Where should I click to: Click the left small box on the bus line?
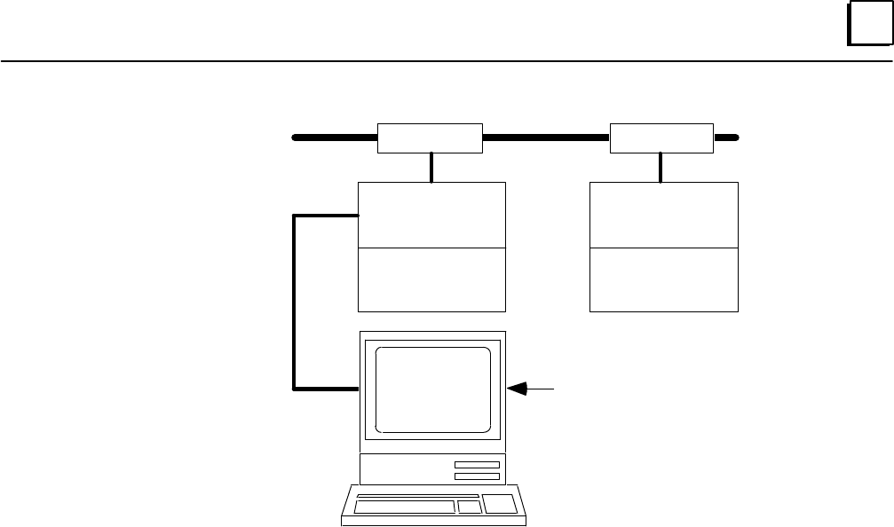click(430, 138)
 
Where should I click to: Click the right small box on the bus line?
click(661, 138)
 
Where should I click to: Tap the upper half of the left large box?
click(431, 215)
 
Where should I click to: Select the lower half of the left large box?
click(431, 279)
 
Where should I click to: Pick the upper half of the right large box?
click(663, 215)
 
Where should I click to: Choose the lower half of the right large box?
click(663, 279)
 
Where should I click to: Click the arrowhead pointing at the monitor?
click(518, 388)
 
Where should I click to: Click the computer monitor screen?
click(433, 389)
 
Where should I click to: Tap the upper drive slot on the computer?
click(477, 465)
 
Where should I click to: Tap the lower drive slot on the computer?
click(477, 476)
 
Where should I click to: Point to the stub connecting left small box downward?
click(431, 167)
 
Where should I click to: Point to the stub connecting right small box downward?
click(660, 167)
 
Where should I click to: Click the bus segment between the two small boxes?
click(546, 138)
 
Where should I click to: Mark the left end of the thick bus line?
click(296, 138)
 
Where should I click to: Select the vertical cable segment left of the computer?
click(294, 302)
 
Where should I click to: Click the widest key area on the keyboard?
click(404, 507)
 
